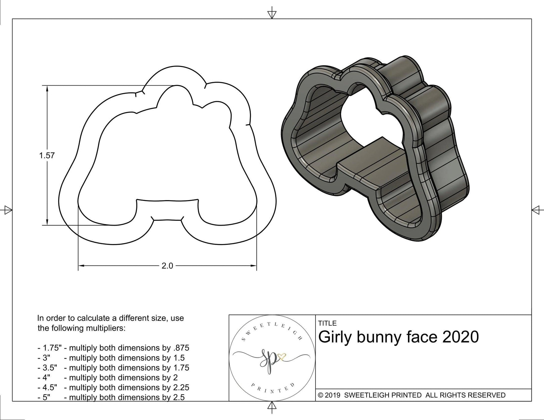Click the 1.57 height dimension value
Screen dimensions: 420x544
coord(47,156)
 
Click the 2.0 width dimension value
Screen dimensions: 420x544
coord(167,266)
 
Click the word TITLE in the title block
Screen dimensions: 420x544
coord(327,323)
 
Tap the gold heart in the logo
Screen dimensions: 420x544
coord(282,357)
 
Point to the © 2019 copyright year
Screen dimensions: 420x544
coord(329,395)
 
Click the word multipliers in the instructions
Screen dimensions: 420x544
coord(105,328)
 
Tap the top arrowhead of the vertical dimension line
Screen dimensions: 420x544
coord(47,89)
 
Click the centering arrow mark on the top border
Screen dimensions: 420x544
coord(272,14)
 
